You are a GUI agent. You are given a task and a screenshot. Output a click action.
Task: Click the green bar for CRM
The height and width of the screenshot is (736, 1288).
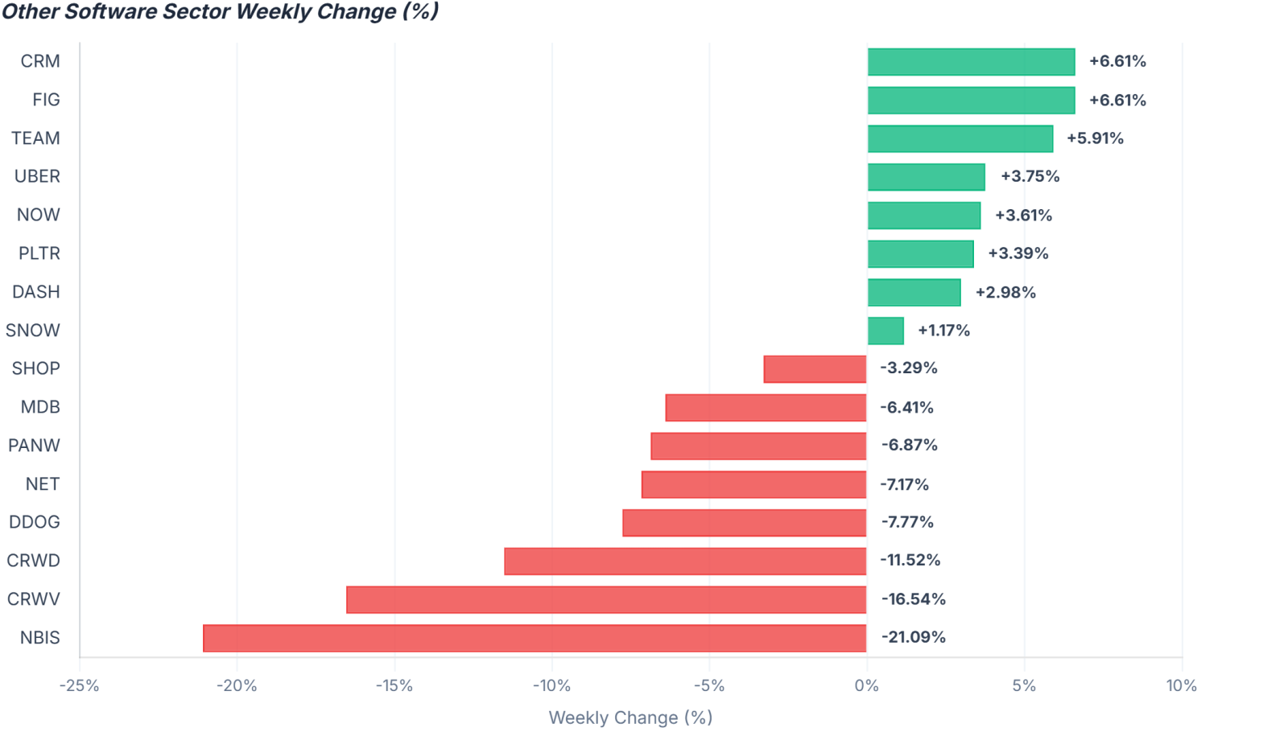[x=971, y=61]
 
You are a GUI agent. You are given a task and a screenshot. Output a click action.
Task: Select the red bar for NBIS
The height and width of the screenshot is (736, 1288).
[x=535, y=638]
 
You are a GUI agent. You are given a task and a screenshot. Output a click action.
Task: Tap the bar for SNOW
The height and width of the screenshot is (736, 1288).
[x=885, y=331]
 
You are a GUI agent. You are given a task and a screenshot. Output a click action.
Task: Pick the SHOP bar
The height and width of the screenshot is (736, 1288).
[x=815, y=369]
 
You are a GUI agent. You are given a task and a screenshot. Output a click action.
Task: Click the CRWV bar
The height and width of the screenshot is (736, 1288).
[x=606, y=599]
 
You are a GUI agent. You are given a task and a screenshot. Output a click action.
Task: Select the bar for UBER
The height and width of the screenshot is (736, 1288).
[x=927, y=177]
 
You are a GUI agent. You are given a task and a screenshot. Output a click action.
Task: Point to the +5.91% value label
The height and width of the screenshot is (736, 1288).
[x=1095, y=138]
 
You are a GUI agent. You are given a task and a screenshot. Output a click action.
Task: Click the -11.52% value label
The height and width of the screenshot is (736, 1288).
[x=910, y=560]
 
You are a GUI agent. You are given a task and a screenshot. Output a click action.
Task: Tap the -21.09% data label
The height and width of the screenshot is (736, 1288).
[x=913, y=637]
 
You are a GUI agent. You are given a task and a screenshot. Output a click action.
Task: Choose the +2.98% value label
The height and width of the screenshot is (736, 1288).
[x=1005, y=293]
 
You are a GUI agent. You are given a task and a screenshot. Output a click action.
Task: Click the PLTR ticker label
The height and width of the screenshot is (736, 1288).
[x=39, y=253]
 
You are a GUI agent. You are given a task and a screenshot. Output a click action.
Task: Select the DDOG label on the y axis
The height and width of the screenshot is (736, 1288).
[x=35, y=522]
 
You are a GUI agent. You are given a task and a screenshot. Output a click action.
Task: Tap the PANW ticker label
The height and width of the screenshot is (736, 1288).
[x=34, y=446]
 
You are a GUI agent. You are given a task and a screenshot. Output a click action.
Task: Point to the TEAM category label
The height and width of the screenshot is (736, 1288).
[x=35, y=138]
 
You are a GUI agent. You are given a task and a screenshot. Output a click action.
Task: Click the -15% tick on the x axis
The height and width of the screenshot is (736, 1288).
[x=394, y=685]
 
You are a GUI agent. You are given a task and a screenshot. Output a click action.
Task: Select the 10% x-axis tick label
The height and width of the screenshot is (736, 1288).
[x=1182, y=685]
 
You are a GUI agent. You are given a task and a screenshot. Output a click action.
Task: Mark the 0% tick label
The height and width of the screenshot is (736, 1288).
[x=866, y=685]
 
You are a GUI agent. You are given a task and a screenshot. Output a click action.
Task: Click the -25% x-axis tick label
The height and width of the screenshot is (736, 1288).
[x=80, y=685]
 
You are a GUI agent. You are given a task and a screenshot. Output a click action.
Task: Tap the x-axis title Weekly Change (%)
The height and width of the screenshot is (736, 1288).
[x=631, y=717]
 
